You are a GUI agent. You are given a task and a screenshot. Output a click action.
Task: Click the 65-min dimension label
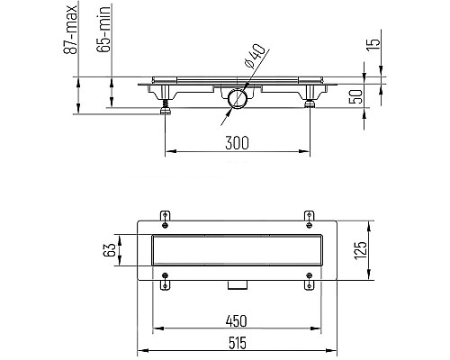[x=105, y=29]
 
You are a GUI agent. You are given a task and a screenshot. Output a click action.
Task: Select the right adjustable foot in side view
[x=310, y=102]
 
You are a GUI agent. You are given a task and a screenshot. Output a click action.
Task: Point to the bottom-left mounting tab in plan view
[x=165, y=284]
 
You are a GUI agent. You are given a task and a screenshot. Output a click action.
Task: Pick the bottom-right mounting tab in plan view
[x=310, y=284]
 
